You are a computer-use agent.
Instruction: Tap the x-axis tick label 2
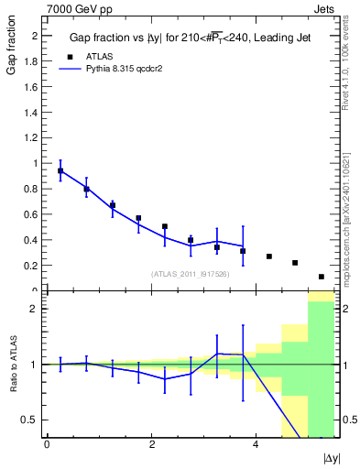point(151,445)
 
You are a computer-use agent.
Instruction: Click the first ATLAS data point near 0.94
point(60,171)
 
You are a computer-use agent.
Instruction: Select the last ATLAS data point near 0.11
point(321,277)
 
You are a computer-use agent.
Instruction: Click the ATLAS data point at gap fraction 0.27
point(268,256)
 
